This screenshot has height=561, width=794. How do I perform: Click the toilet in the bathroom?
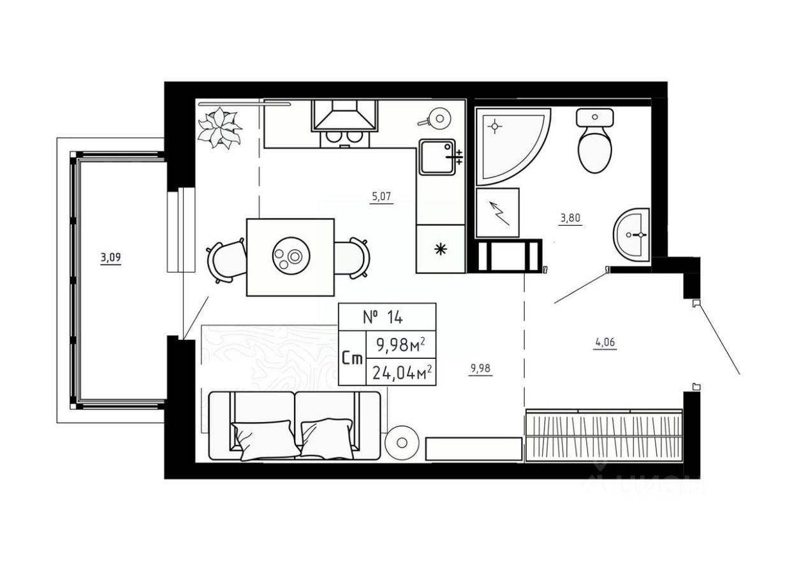pyautogui.click(x=595, y=141)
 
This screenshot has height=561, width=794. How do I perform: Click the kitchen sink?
pyautogui.click(x=437, y=157)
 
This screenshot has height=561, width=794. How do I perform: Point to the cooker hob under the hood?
pyautogui.click(x=345, y=138)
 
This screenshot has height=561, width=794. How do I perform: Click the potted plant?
pyautogui.click(x=220, y=127)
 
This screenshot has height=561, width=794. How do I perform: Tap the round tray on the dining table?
pyautogui.click(x=291, y=255)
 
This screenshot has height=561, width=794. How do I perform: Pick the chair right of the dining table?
pyautogui.click(x=351, y=258)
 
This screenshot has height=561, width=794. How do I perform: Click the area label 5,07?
pyautogui.click(x=381, y=196)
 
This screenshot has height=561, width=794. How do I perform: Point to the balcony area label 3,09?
pyautogui.click(x=110, y=258)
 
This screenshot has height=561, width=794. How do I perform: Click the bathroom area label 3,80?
pyautogui.click(x=570, y=217)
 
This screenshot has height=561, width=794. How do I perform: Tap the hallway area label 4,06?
pyautogui.click(x=605, y=343)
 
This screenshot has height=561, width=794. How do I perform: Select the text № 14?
pyautogui.click(x=383, y=317)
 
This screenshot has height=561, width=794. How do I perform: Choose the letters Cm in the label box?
pyautogui.click(x=353, y=359)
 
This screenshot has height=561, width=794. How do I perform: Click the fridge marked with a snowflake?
pyautogui.click(x=441, y=249)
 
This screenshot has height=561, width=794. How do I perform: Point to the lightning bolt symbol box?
pyautogui.click(x=497, y=213)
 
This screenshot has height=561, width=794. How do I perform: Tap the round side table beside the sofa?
pyautogui.click(x=402, y=442)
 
